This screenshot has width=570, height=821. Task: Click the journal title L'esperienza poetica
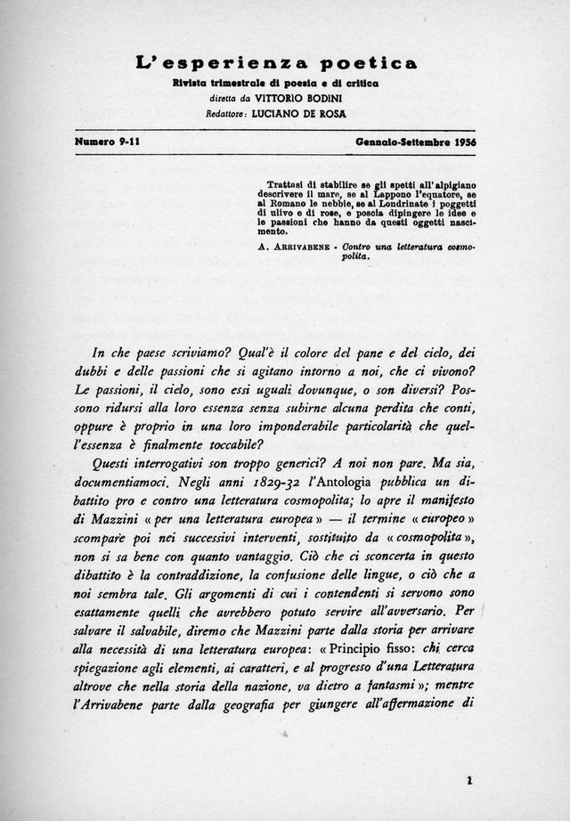[276, 62]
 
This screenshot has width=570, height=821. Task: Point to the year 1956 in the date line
[461, 142]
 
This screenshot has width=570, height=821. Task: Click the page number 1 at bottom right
[468, 781]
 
